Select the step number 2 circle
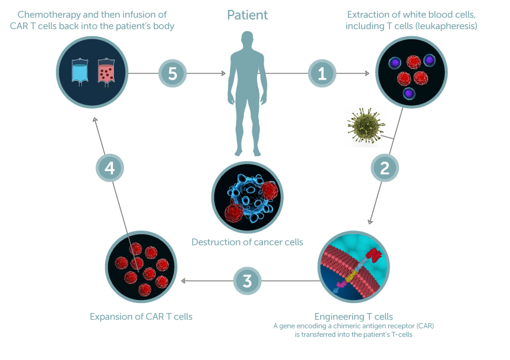tap(385, 167)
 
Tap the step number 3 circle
tap(248, 280)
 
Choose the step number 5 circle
tap(173, 73)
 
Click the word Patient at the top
tap(248, 15)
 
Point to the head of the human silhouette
tap(248, 41)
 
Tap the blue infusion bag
tap(79, 72)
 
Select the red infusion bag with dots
tap(106, 72)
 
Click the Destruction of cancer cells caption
tap(247, 242)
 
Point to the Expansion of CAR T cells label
tap(141, 317)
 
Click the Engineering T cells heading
tap(353, 316)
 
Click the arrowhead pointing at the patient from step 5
tap(223, 74)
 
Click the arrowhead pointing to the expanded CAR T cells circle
tap(183, 280)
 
